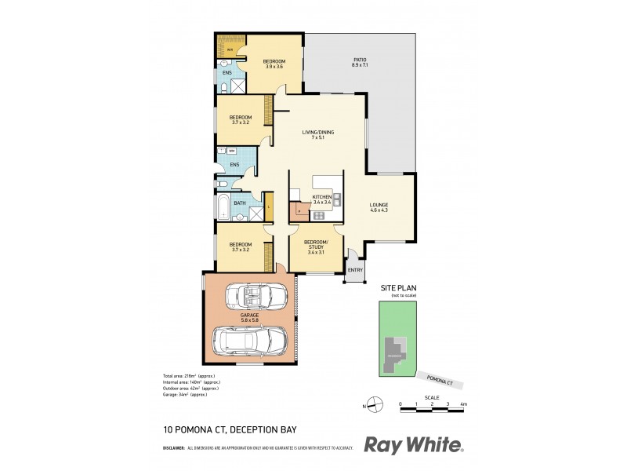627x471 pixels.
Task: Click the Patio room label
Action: (x=360, y=60)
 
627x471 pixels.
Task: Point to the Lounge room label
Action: (x=379, y=206)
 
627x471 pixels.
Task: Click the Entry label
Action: (x=355, y=271)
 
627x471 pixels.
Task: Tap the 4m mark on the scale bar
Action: (x=464, y=404)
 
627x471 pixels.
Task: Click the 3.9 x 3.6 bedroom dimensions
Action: (x=274, y=67)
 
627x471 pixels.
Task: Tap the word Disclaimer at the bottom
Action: (x=173, y=448)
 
